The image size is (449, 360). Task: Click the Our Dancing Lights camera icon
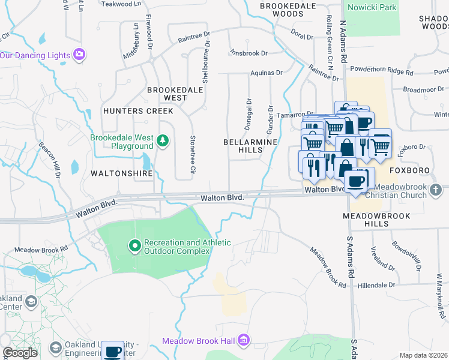[79, 55]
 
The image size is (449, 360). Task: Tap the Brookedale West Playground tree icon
[162, 141]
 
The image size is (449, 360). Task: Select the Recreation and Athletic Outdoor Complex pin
[135, 246]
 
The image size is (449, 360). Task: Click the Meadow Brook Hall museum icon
[243, 341]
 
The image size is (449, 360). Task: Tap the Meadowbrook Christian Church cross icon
[437, 190]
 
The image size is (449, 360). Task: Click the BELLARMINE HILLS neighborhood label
[250, 146]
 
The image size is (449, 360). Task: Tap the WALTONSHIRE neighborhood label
[119, 173]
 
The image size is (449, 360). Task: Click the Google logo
[20, 353]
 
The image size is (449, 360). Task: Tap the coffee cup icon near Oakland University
[112, 351]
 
